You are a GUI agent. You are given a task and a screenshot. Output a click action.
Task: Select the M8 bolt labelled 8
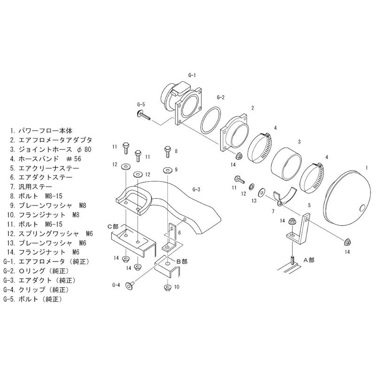(168, 151)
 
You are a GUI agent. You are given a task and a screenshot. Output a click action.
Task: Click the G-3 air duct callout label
(196, 189)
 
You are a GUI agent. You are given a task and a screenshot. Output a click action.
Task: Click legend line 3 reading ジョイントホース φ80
(52, 149)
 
